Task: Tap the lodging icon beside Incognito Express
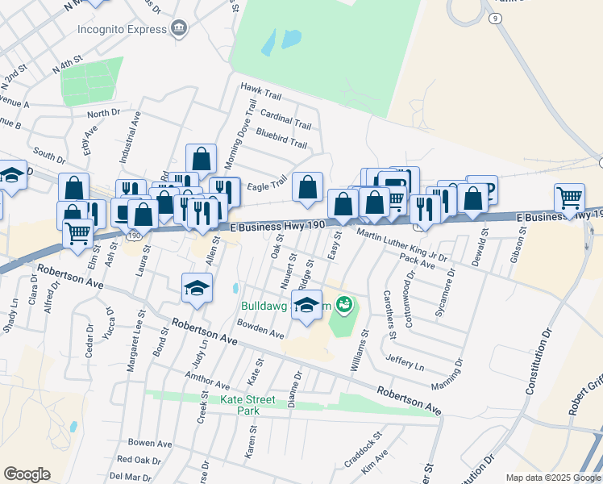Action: point(179,30)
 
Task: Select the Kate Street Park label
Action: point(235,405)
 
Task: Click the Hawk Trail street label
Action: point(260,94)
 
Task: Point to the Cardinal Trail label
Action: point(285,119)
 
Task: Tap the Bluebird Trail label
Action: point(281,138)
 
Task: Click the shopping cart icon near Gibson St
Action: point(569,198)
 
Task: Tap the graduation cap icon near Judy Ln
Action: point(197,288)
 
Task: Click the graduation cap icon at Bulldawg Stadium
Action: point(306,305)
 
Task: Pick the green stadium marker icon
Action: point(344,304)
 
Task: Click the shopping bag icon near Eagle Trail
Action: point(307,188)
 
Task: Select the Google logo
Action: point(27,474)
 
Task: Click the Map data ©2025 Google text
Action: point(552,478)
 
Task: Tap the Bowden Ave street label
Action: point(260,329)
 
